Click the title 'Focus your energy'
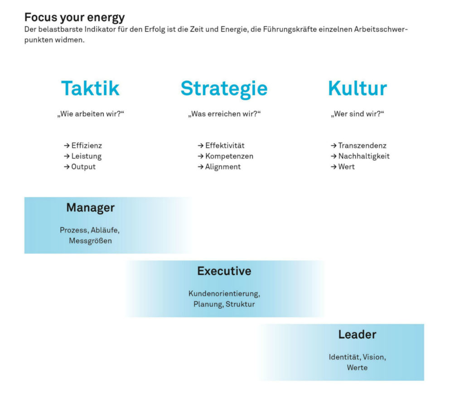click(75, 18)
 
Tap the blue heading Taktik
click(90, 88)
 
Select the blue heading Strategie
click(224, 89)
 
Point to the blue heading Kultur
click(358, 88)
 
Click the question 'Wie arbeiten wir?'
click(91, 114)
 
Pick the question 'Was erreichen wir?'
click(224, 114)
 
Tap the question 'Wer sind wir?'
click(358, 114)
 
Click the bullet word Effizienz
click(87, 146)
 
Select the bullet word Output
click(83, 167)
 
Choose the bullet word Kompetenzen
click(229, 156)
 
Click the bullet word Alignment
click(223, 167)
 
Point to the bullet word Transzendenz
click(362, 146)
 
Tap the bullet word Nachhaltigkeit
click(364, 156)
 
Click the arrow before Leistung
click(67, 156)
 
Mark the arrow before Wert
click(333, 167)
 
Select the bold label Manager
click(91, 208)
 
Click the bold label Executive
click(224, 271)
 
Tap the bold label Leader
click(358, 335)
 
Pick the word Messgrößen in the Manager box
click(91, 241)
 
